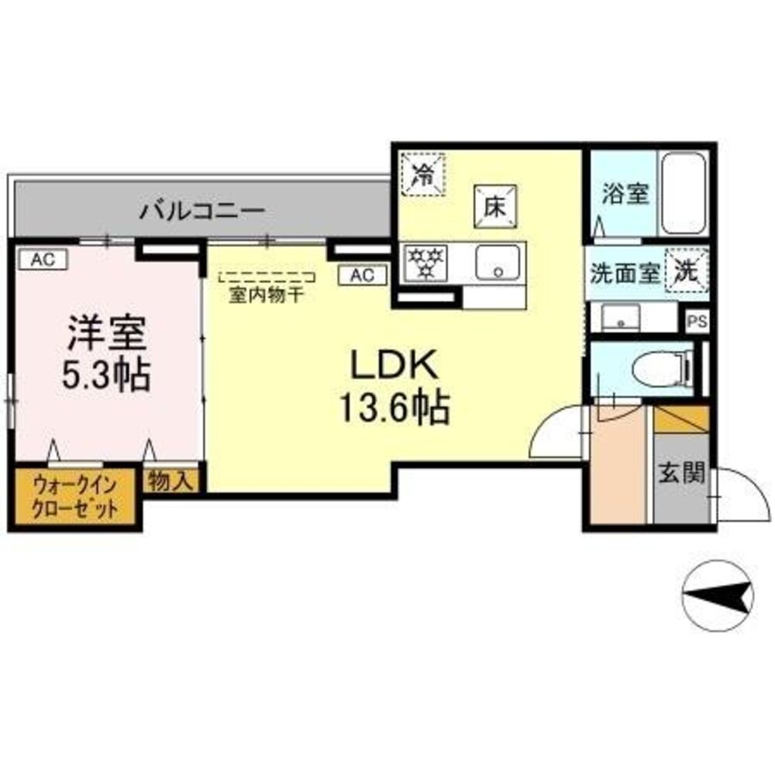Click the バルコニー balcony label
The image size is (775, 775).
pos(203,210)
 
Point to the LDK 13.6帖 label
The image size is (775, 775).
pos(394,385)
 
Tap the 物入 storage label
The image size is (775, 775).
pos(170,481)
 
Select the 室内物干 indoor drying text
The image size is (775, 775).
pos(266,294)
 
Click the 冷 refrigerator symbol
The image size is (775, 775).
pos(424,173)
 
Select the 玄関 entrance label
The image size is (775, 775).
pos(682,473)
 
